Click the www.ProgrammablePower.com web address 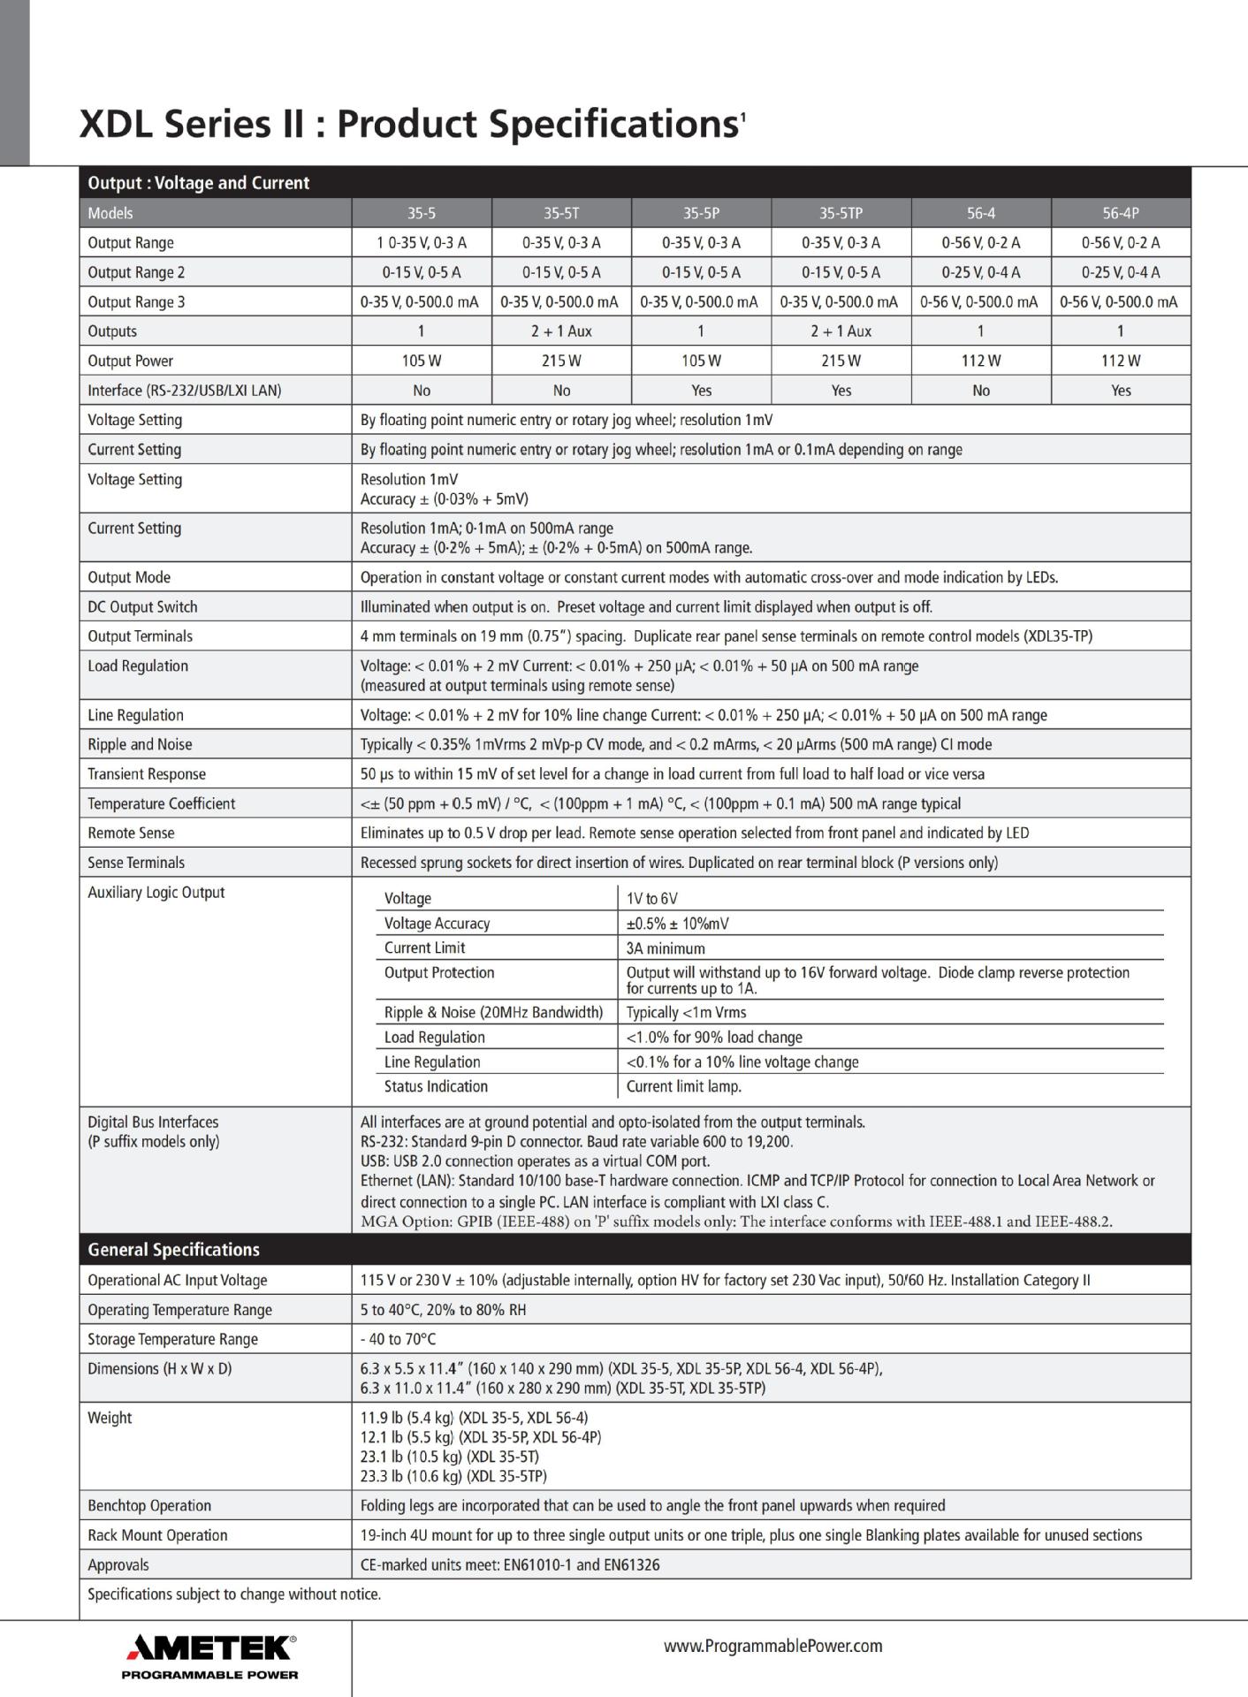tap(772, 1646)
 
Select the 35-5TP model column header tap(841, 213)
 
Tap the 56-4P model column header tap(1121, 213)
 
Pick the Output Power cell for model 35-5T tap(561, 361)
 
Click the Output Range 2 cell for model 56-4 tap(980, 272)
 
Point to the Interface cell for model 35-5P tap(701, 391)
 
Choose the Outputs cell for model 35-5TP tap(841, 331)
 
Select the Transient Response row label tap(147, 774)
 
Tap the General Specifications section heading tap(173, 1250)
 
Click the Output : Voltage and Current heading tap(199, 183)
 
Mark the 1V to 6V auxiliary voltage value tap(651, 899)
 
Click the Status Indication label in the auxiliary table tap(436, 1086)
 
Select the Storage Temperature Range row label tap(172, 1339)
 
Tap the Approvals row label tap(118, 1564)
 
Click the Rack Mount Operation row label tap(157, 1535)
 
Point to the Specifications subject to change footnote tap(234, 1594)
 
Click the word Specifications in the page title tap(613, 124)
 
